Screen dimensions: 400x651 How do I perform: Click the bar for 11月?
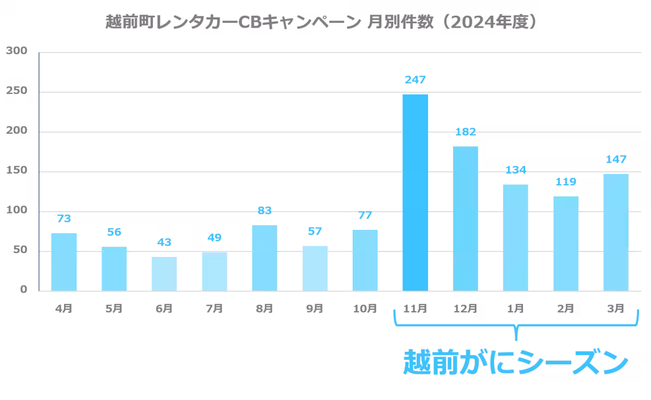coord(416,192)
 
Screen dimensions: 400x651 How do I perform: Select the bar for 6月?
coord(164,274)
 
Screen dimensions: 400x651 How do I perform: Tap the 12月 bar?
coord(465,218)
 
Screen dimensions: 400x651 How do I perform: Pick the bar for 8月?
coord(264,258)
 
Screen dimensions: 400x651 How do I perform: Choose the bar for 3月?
coord(616,232)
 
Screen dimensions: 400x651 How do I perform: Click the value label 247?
coord(415,80)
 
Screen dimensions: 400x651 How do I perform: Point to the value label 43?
coord(164,242)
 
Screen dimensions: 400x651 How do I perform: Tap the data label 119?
coord(565,182)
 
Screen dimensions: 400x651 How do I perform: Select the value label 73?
coord(64,218)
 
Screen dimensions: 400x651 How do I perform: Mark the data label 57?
coord(314,231)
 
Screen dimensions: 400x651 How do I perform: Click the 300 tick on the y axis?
coord(17,51)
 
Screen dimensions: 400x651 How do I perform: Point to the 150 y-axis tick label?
coord(17,171)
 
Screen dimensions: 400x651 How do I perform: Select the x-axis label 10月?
coord(365,308)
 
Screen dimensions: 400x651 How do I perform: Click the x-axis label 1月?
coord(515,308)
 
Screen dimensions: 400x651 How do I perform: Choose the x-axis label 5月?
coord(114,308)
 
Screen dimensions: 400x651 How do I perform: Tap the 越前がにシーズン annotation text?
coord(515,362)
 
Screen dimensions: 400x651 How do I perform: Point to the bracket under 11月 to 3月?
coord(515,326)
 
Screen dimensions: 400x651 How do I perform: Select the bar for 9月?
coord(315,268)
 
